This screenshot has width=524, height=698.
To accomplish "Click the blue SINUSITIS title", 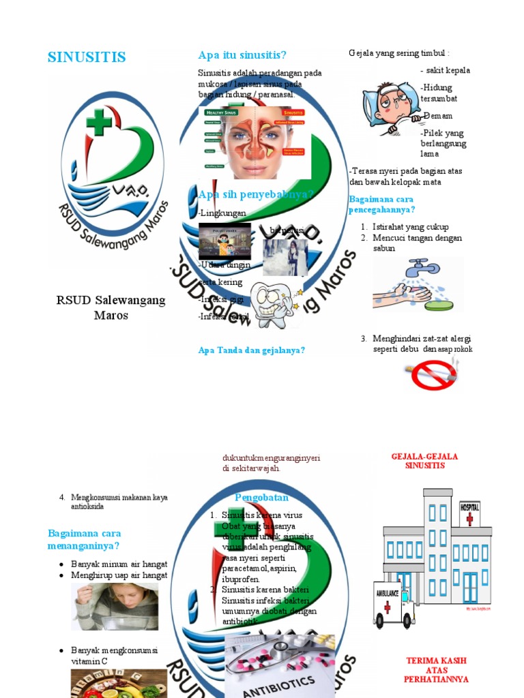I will tap(87, 57).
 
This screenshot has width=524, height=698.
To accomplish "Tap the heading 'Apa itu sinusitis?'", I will tap(242, 55).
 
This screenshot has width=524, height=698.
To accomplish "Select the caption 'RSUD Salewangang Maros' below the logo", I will tap(111, 307).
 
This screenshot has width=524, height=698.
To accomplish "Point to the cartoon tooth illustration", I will tap(272, 303).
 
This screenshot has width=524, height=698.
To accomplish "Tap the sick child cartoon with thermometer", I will tap(390, 108).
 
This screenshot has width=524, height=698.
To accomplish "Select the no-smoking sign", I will tap(433, 373).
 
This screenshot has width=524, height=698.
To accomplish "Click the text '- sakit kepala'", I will tap(445, 70).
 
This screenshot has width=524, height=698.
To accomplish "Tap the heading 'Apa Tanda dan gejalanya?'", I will tap(251, 350).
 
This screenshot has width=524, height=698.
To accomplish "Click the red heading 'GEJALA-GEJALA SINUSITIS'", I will tap(424, 461).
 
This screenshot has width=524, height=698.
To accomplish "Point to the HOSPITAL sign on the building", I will tap(469, 508).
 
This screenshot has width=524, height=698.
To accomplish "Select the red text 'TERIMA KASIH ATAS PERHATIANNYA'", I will tap(437, 670).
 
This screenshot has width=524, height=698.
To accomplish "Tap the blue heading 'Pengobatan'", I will tap(261, 498).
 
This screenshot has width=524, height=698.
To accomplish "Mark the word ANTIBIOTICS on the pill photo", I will tap(280, 685).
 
